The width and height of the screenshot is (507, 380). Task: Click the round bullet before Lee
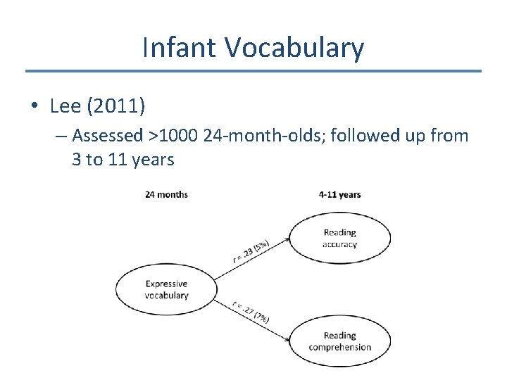[34, 107]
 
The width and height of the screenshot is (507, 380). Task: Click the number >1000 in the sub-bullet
[173, 135]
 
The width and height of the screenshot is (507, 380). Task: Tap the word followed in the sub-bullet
[365, 135]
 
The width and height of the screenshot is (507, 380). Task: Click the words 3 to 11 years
[123, 159]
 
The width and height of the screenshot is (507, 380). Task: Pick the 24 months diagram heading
[166, 194]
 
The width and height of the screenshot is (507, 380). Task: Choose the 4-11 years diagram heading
[339, 194]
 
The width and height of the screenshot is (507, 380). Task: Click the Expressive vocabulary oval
[166, 290]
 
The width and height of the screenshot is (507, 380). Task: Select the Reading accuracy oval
[339, 239]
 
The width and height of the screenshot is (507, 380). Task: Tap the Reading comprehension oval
[339, 341]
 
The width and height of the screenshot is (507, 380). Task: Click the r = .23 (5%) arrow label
[251, 249]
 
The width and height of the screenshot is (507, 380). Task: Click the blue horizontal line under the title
[254, 71]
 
